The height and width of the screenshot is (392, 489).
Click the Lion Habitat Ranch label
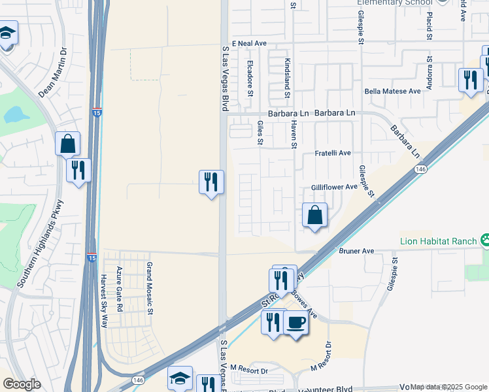click(438, 241)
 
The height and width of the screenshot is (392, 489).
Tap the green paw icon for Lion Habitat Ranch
click(484, 240)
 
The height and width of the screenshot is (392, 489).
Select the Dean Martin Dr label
click(52, 72)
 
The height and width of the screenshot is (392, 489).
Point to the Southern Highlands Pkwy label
click(41, 243)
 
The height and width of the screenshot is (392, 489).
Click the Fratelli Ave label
click(333, 153)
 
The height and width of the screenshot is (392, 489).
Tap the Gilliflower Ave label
click(334, 186)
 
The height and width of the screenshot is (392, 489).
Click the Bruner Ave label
click(356, 250)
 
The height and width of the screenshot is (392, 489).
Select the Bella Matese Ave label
click(392, 91)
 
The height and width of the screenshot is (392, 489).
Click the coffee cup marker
click(296, 322)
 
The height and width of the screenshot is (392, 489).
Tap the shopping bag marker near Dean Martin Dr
click(68, 143)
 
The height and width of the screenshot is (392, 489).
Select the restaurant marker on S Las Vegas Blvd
click(211, 182)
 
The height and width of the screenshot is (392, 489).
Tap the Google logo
click(21, 384)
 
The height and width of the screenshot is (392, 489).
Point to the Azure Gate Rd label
click(119, 289)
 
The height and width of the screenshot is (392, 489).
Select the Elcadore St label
click(250, 79)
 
